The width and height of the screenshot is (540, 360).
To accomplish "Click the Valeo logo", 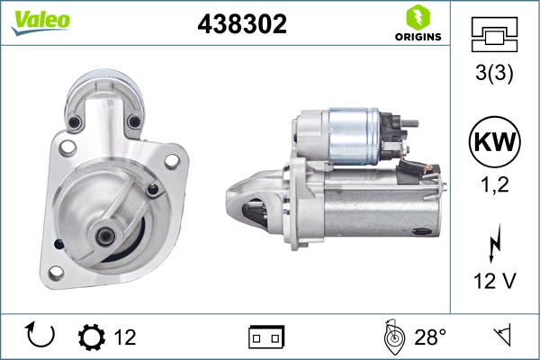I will [40, 21].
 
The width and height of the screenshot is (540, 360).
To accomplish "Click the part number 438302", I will [242, 25].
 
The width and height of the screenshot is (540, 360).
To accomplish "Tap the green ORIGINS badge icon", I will [416, 17].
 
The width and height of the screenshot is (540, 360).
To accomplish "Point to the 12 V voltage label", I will [493, 282].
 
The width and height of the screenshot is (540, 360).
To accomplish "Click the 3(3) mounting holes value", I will [493, 76].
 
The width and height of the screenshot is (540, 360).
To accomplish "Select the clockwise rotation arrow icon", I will [41, 337].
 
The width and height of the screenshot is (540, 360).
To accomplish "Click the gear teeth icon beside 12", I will [92, 337].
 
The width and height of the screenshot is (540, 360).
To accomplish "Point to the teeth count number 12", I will [125, 337].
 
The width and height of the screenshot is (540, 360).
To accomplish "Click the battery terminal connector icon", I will [267, 337].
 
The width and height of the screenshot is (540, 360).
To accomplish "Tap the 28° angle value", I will [429, 337].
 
